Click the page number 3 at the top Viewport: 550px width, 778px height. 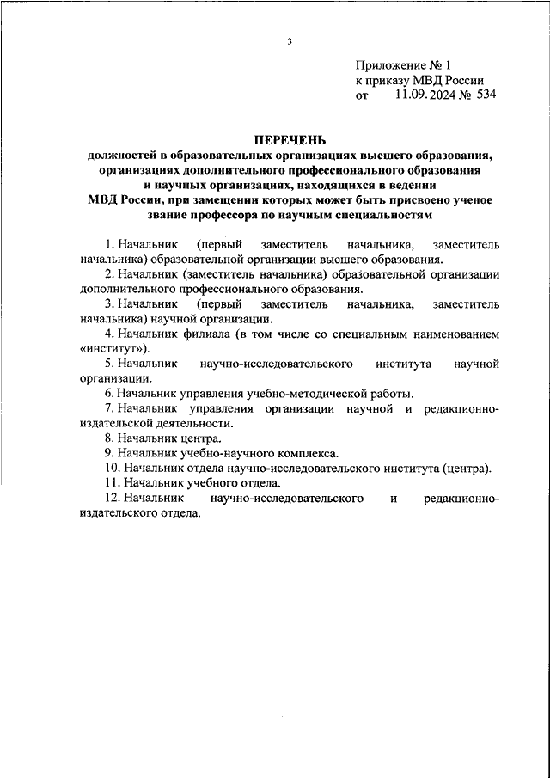tap(290, 41)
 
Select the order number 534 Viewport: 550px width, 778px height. tap(484, 95)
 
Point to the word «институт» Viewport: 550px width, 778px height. tap(115, 348)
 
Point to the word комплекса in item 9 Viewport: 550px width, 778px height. tap(309, 453)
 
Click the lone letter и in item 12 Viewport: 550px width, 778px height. tap(392, 498)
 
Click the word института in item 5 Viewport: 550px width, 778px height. tap(404, 363)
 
